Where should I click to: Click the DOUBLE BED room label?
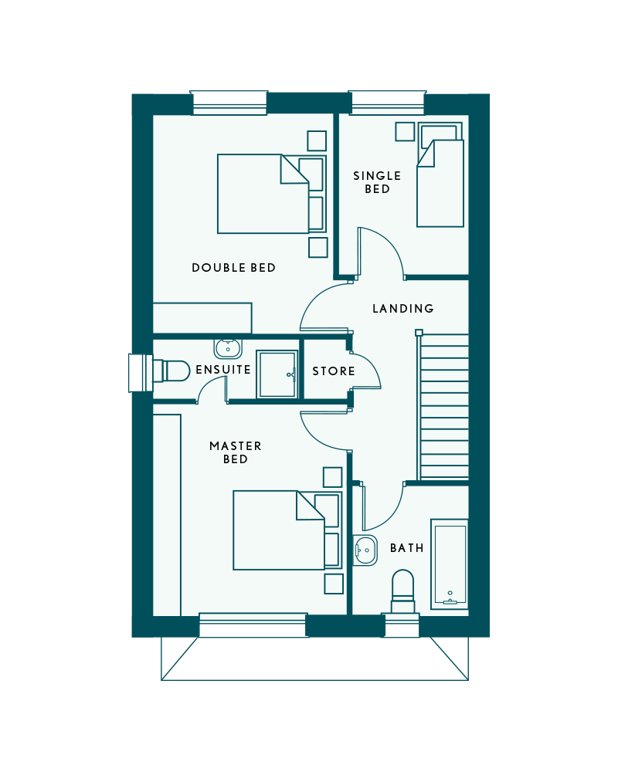233,268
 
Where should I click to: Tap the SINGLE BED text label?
377,182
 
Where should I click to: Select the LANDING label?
403,309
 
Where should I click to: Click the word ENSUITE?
222,370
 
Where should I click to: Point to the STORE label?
334,371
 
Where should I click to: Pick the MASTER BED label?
235,452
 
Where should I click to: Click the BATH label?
406,548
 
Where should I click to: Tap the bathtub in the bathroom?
449,564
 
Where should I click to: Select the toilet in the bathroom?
402,592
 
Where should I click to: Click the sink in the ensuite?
228,348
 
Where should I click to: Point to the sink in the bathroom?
365,550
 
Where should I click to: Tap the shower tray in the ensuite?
277,374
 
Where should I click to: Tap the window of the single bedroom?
387,103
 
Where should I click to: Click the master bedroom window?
253,625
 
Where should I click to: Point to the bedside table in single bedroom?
405,131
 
